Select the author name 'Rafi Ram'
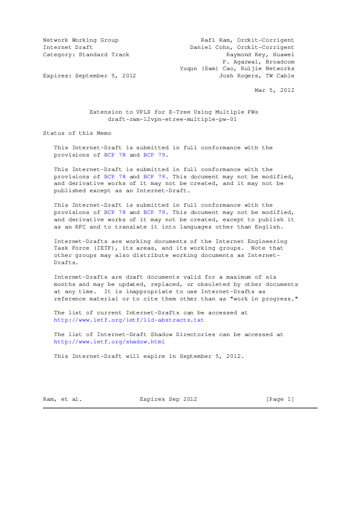(x=216, y=40)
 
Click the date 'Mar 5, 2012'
(x=275, y=90)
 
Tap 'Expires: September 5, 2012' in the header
(x=89, y=76)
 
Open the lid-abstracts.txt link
(x=129, y=320)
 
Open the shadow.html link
(x=110, y=342)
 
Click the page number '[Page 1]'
(x=280, y=399)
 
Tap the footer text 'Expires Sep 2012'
(x=168, y=399)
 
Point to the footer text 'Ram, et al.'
(x=62, y=399)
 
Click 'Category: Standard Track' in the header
(x=86, y=54)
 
